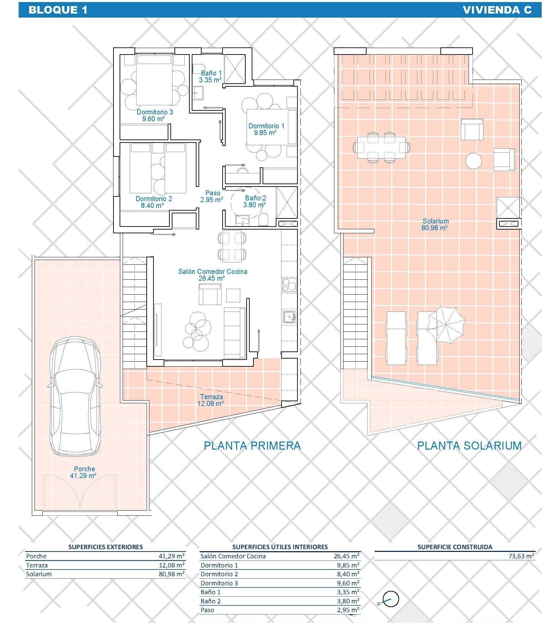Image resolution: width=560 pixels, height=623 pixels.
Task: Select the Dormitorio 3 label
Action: click(155, 115)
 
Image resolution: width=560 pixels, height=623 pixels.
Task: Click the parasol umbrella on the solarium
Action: click(446, 324)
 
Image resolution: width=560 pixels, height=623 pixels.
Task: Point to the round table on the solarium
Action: click(473, 160)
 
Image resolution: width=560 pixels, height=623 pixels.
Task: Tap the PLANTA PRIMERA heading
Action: click(252, 445)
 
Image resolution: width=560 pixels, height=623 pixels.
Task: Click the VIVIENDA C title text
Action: click(497, 10)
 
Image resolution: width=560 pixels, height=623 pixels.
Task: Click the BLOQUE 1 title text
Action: click(58, 10)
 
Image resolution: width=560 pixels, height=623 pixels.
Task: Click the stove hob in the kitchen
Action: click(289, 284)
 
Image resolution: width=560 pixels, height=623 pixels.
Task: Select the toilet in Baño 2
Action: click(263, 220)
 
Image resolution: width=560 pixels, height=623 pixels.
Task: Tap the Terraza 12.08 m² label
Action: click(211, 400)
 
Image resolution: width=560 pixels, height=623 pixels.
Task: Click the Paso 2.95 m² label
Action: click(212, 196)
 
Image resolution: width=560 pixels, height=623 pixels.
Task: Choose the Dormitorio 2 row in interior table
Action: click(279, 574)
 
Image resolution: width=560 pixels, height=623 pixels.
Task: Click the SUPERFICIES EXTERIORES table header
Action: click(105, 547)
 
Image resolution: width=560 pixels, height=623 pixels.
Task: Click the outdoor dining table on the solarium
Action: click(381, 148)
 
